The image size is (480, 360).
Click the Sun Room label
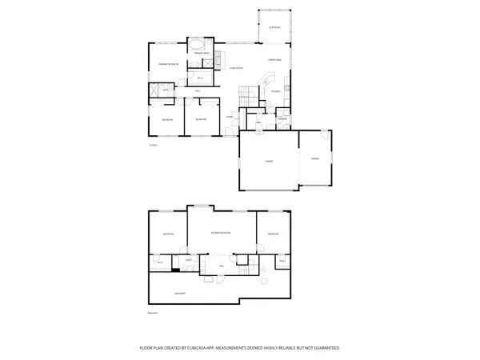click(x=274, y=27)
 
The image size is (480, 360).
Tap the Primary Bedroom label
click(x=166, y=62)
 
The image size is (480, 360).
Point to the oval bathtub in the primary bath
click(x=197, y=46)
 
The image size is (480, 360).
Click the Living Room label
click(x=234, y=69)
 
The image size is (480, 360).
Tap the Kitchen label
click(x=275, y=90)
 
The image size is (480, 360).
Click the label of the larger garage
click(x=270, y=161)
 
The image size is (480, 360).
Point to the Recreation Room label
click(x=222, y=233)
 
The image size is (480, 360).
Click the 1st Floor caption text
click(x=152, y=144)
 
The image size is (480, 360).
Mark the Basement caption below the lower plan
click(x=153, y=313)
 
